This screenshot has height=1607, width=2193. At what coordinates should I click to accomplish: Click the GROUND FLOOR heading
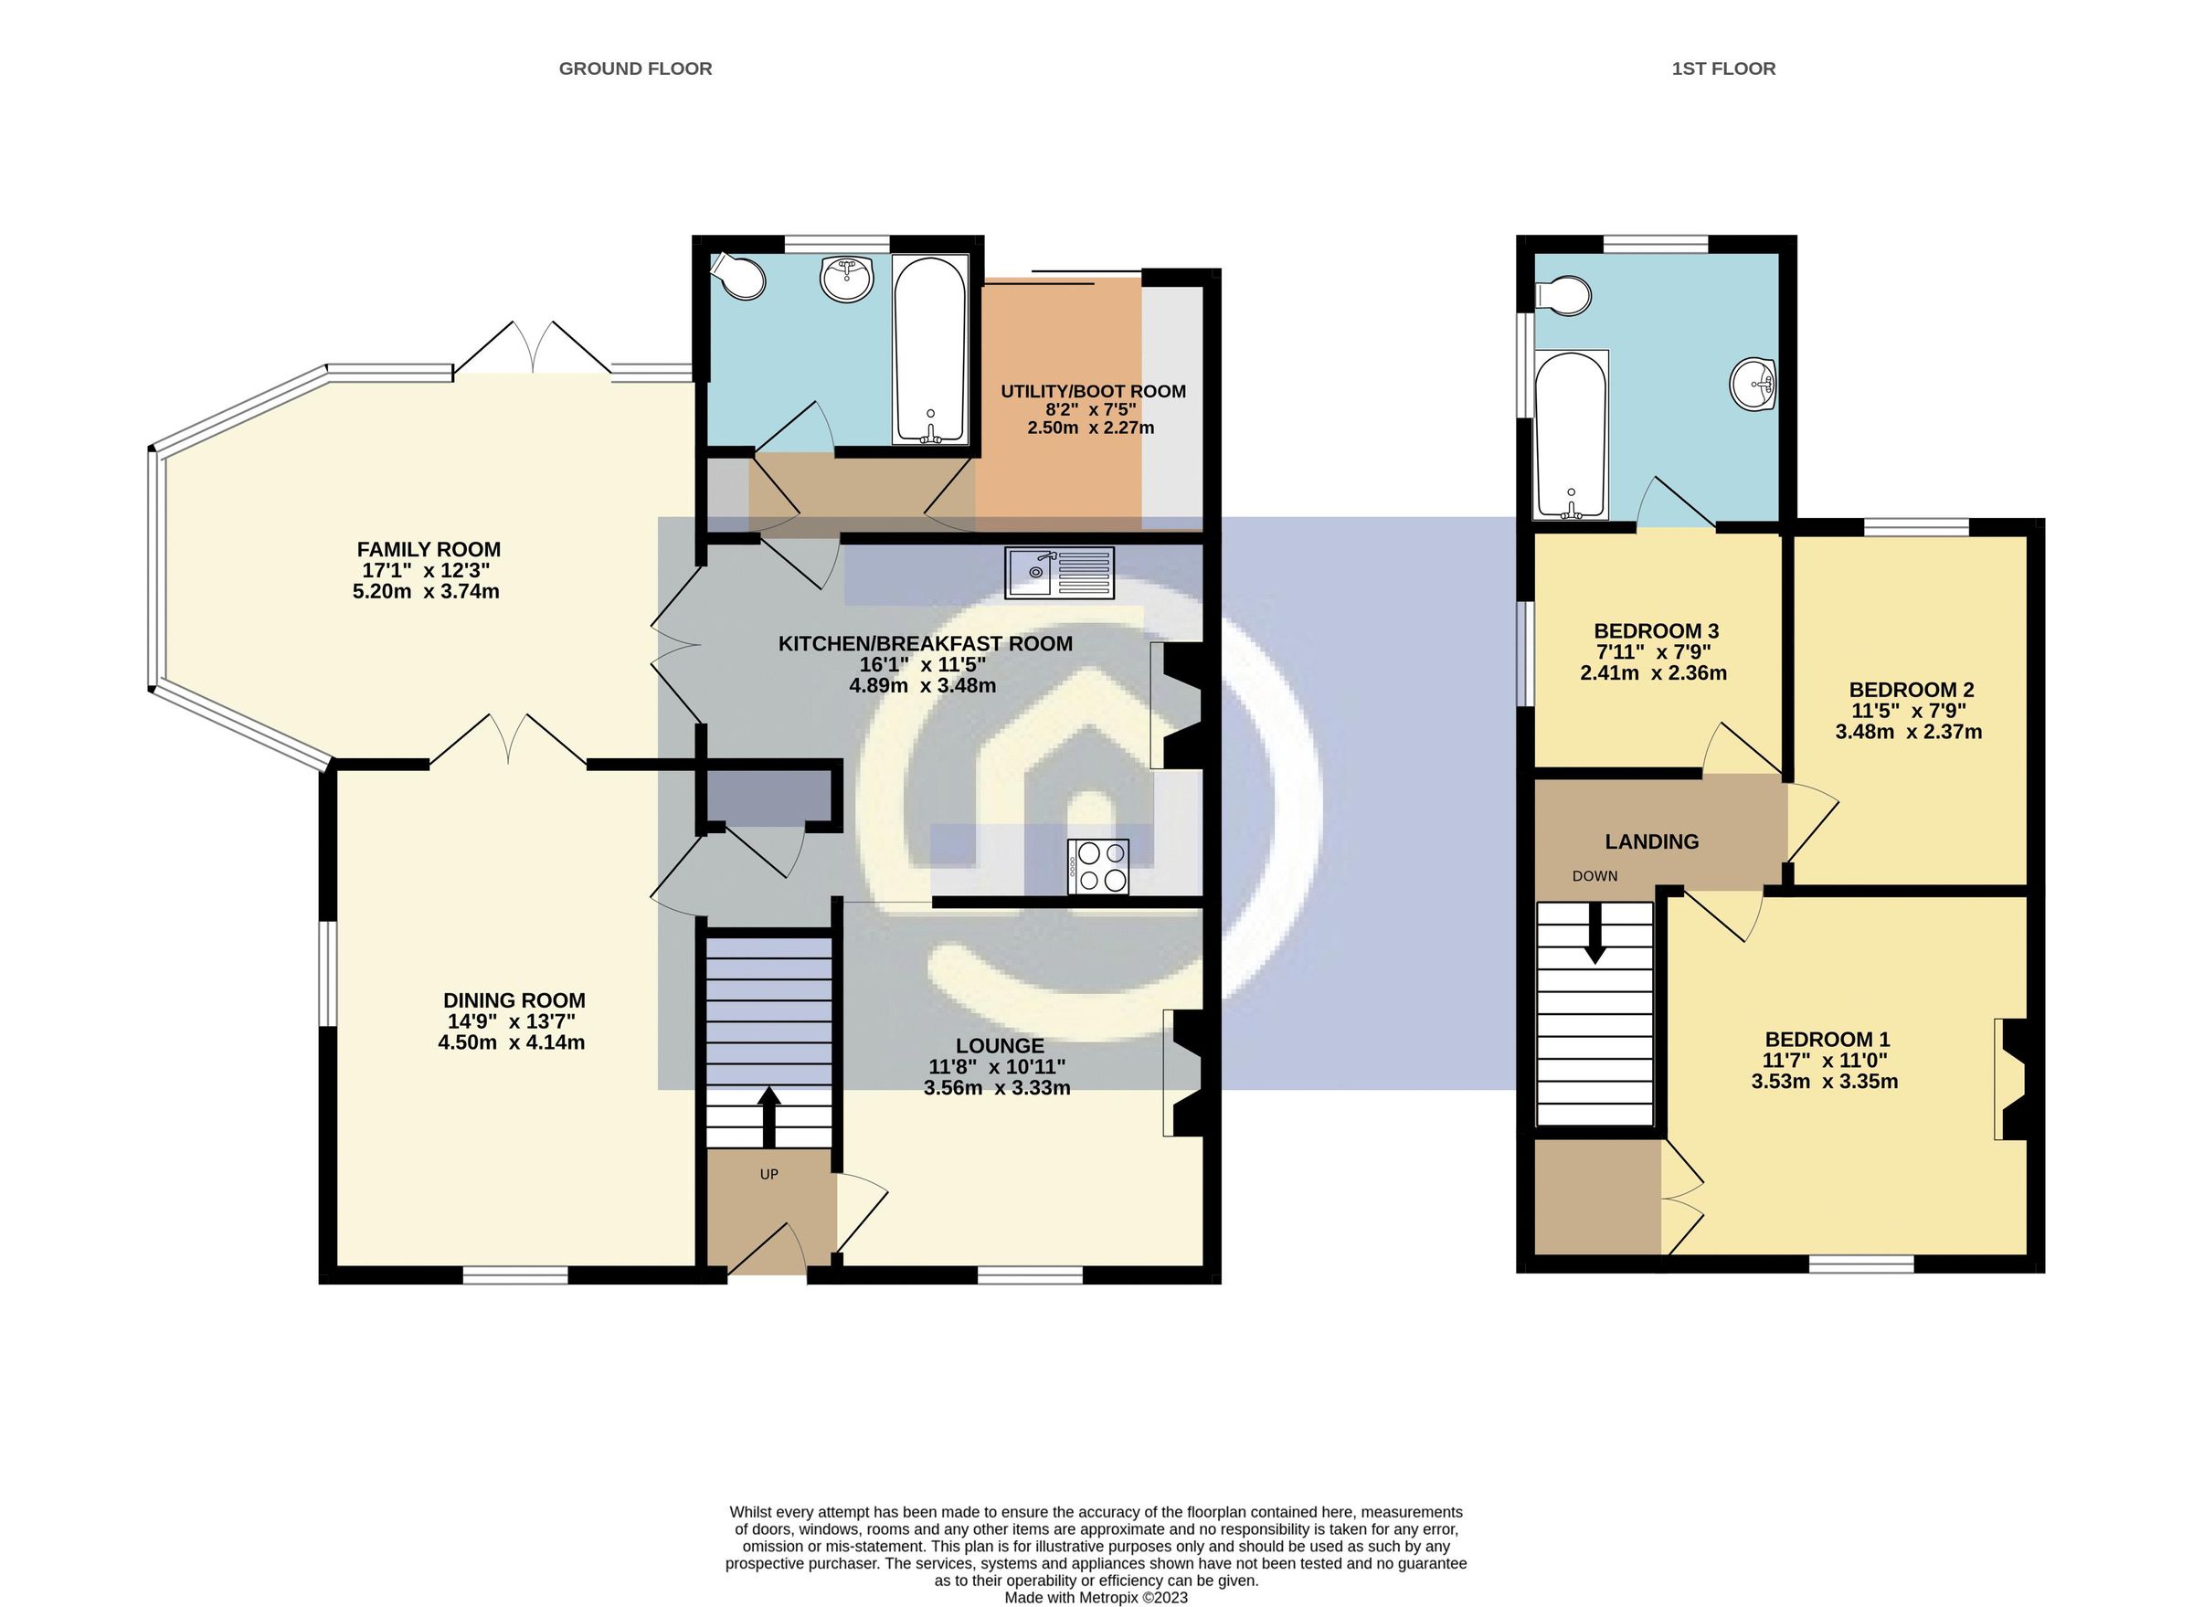(x=634, y=69)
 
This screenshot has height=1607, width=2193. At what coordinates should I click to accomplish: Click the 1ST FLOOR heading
(x=1723, y=69)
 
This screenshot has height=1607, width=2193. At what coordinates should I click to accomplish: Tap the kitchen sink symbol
(x=1061, y=573)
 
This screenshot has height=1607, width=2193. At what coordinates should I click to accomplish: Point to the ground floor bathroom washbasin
(x=847, y=280)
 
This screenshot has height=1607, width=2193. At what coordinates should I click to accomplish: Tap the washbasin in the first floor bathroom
(x=1754, y=385)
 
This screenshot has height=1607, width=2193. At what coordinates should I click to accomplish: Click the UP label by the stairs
(x=768, y=1174)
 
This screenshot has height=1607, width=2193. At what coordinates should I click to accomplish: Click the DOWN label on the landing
(x=1594, y=875)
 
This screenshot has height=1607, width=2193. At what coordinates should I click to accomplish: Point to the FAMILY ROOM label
(x=429, y=550)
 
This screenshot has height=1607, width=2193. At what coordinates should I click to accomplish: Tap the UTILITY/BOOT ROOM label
(x=1093, y=391)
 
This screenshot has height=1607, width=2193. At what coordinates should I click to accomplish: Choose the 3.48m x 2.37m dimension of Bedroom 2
(x=1908, y=733)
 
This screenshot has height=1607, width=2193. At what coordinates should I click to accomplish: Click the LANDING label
(x=1651, y=841)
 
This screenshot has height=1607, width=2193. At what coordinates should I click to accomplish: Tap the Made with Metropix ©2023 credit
(x=1096, y=1597)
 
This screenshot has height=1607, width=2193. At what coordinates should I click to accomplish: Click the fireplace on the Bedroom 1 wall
(x=2010, y=1078)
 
